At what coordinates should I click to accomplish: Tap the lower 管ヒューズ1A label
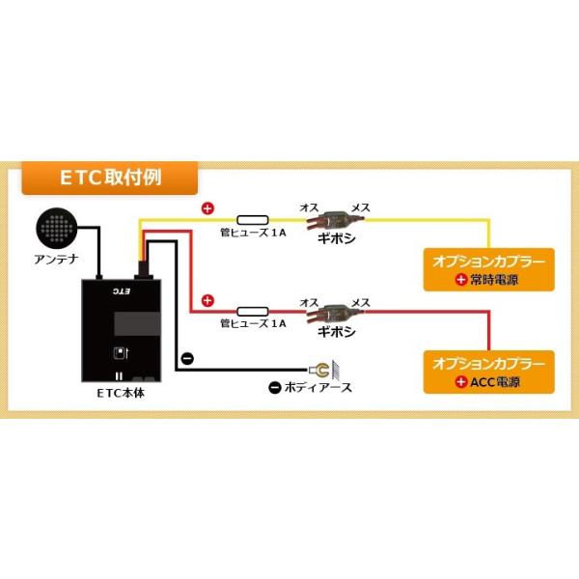click(252, 324)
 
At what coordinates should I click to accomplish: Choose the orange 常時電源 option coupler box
click(491, 271)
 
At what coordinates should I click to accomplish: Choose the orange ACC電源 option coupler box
click(491, 372)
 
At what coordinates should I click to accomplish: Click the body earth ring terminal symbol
click(319, 368)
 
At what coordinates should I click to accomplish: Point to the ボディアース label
click(311, 388)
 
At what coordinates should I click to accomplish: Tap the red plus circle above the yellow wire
click(206, 207)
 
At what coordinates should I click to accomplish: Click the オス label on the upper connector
click(310, 207)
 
